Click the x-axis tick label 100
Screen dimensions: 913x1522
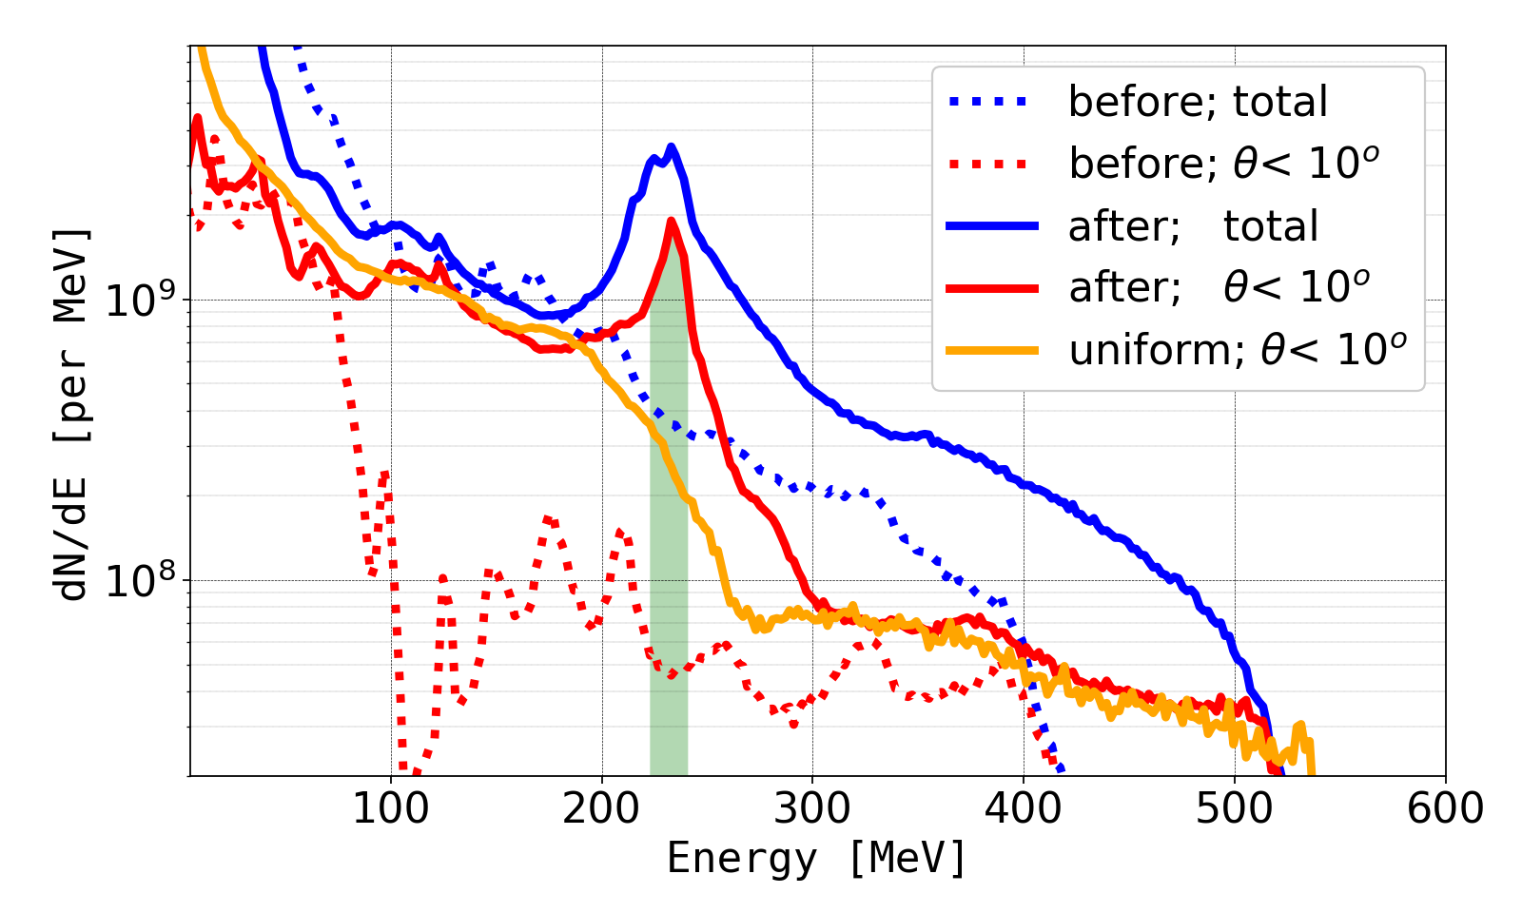390,809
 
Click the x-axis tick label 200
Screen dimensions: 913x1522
601,809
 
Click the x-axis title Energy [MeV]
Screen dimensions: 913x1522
817,859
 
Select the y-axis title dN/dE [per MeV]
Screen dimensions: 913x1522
73,414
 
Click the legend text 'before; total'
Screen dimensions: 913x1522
1198,102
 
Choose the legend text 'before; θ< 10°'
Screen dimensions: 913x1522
1224,164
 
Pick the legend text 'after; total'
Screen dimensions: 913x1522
1193,226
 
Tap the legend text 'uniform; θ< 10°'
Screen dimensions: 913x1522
1238,350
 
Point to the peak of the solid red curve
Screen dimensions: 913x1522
672,221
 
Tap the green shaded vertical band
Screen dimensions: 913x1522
669,571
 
